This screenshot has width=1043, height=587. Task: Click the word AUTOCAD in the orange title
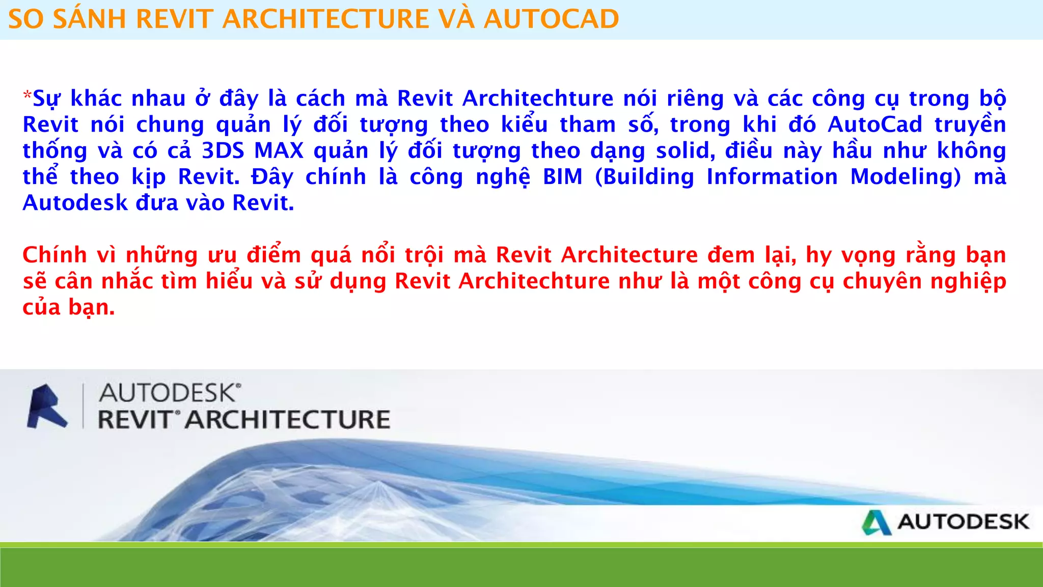(551, 19)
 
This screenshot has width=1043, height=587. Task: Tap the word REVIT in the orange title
(174, 19)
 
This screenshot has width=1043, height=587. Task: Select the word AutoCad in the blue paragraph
(875, 125)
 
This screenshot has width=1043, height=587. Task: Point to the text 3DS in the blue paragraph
(223, 151)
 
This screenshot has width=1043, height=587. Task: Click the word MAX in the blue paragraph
(279, 151)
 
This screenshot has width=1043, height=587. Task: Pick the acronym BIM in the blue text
(562, 177)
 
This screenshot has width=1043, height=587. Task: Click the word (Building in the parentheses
(644, 177)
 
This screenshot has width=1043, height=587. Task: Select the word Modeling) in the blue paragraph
(905, 177)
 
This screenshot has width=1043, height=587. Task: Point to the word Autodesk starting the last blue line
(75, 203)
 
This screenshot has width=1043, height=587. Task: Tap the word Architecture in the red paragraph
(629, 255)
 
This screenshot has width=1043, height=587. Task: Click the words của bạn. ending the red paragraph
(68, 307)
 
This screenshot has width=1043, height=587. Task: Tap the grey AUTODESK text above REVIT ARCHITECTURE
(168, 393)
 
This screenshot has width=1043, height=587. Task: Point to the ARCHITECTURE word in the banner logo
(287, 420)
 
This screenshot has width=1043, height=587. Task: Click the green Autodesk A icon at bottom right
(876, 522)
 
